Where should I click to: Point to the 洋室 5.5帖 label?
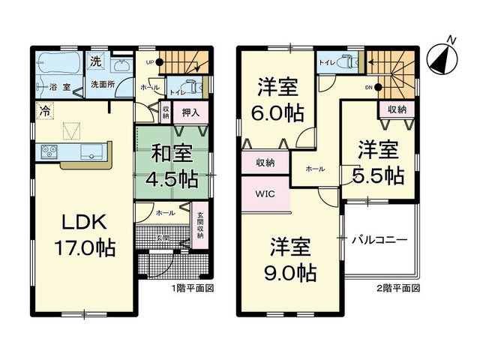(x=377, y=161)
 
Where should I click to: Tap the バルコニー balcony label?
(x=381, y=240)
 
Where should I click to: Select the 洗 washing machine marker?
(x=96, y=60)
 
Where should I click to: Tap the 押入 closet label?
(x=190, y=113)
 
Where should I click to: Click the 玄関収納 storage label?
(x=200, y=225)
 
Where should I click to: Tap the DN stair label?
(x=368, y=87)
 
